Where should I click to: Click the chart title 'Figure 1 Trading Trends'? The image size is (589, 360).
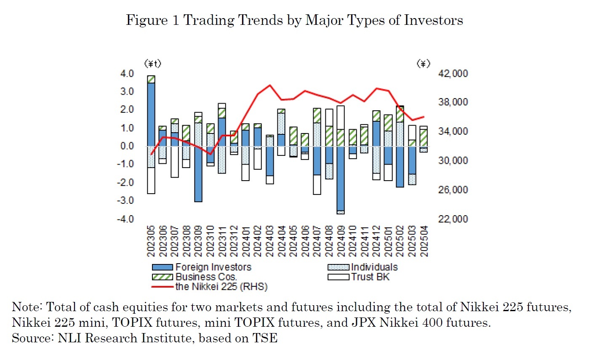294,20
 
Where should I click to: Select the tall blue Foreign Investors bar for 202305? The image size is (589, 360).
151,114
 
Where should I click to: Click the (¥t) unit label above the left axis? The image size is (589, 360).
153,64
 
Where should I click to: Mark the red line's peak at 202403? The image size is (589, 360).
269,85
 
